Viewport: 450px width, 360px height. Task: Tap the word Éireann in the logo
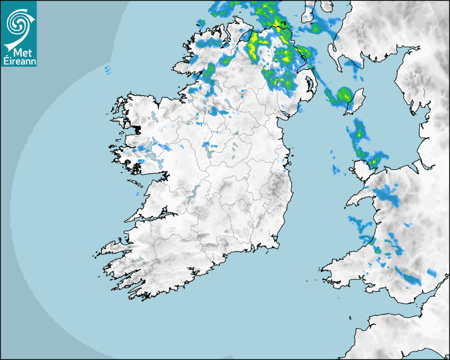(x=19, y=61)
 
